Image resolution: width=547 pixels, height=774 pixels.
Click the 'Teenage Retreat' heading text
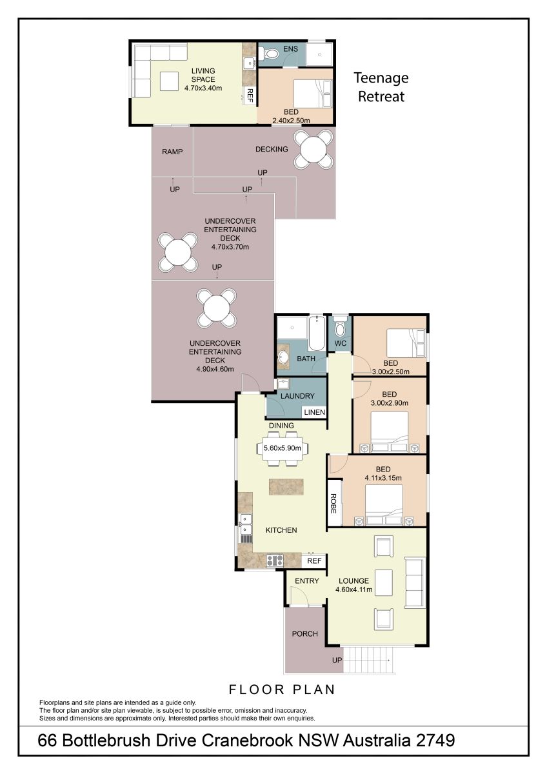(381, 87)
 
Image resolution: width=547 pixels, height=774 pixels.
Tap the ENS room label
(290, 49)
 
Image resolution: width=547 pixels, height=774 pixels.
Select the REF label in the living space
(250, 95)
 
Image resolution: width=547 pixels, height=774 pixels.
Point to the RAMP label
(172, 152)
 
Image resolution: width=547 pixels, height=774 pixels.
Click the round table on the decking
(313, 150)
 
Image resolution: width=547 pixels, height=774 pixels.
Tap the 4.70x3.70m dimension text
(230, 246)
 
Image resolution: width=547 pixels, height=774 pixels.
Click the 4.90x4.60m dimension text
(215, 369)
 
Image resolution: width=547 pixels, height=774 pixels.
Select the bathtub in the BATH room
(317, 333)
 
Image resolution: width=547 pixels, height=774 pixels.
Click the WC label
(341, 343)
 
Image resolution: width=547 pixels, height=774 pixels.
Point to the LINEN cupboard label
(314, 412)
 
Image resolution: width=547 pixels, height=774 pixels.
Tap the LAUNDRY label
(297, 396)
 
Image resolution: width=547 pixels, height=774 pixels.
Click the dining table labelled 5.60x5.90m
(283, 448)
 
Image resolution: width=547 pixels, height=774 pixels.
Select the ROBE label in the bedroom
(333, 504)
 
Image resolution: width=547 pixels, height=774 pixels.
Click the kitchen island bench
(286, 486)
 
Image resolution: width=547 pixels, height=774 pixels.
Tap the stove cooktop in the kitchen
(275, 560)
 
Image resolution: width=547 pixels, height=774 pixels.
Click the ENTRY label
(307, 581)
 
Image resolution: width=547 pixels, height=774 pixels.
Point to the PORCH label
(304, 633)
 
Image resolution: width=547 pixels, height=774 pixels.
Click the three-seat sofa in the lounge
(415, 582)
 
